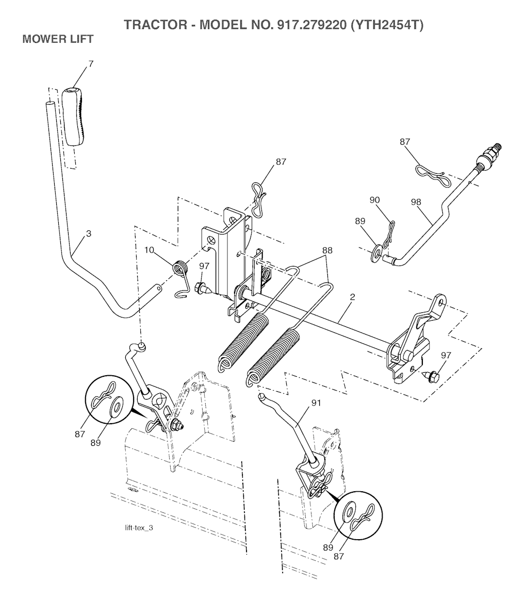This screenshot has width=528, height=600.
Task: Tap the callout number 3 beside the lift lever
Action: coord(89,233)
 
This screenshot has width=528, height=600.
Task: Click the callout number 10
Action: coord(150,250)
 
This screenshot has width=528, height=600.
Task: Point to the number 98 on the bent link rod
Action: coord(416,202)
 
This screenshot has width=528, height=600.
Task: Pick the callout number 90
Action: coord(374,200)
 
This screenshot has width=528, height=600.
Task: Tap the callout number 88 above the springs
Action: coord(327,250)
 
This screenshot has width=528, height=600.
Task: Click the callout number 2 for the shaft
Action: coord(352,297)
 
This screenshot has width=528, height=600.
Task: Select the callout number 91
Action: coord(316,403)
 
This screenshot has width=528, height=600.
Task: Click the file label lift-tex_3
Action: coord(139,528)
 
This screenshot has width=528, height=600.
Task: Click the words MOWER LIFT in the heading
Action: coord(58,39)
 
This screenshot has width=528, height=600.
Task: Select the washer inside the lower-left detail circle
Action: coord(115,406)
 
